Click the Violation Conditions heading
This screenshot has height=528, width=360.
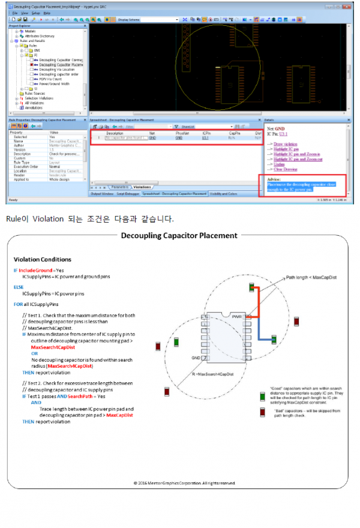pos(42,259)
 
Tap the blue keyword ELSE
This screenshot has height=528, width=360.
pos(19,287)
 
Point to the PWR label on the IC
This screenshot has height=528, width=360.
pos(236,316)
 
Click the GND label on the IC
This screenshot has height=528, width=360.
pos(195,358)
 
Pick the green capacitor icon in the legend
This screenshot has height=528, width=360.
pos(262,397)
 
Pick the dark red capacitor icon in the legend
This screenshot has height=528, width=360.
pos(262,413)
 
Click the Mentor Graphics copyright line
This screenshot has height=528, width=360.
pos(184,482)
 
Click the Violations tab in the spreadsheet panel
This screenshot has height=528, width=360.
pos(142,187)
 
